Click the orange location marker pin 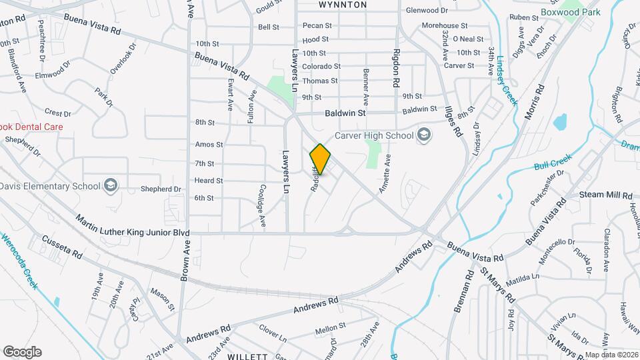point(321,159)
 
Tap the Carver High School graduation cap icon point(423,136)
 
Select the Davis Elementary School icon point(111,186)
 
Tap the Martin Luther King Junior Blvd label point(133,227)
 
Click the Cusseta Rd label point(61,246)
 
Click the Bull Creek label point(553,163)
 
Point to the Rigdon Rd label point(395,69)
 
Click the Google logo point(22,351)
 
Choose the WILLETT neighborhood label point(247,357)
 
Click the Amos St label point(209,145)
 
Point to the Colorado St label point(321,67)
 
